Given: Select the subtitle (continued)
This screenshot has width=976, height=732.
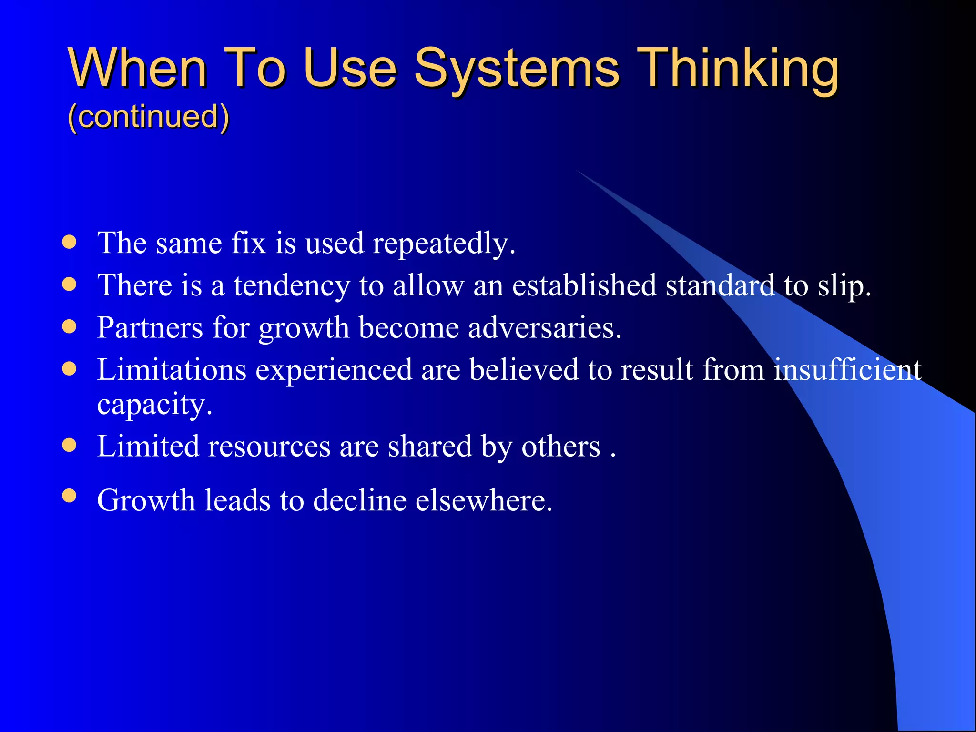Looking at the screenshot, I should (x=148, y=116).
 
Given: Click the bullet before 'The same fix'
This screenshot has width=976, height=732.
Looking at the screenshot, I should (x=70, y=242).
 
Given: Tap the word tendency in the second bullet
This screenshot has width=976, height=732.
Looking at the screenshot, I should (x=292, y=286).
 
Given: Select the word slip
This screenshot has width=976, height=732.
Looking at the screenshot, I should (x=844, y=286).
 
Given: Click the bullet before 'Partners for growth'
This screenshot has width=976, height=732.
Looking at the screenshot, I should (x=70, y=326).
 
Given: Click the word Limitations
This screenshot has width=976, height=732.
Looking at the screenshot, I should (x=172, y=370).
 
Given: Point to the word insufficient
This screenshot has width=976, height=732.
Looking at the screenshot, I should (x=847, y=370).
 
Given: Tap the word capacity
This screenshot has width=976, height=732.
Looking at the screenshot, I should (x=154, y=405).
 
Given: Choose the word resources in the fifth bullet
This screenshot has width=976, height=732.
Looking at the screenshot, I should (x=269, y=447).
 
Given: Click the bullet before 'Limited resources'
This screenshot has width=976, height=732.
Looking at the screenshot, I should (x=70, y=445).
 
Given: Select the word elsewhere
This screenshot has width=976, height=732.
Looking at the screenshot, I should (x=483, y=500).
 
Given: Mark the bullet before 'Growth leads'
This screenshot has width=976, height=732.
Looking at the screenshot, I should (x=70, y=496).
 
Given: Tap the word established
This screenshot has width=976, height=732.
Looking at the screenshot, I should (x=584, y=286).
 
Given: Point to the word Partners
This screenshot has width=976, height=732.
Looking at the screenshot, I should (x=150, y=328).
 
